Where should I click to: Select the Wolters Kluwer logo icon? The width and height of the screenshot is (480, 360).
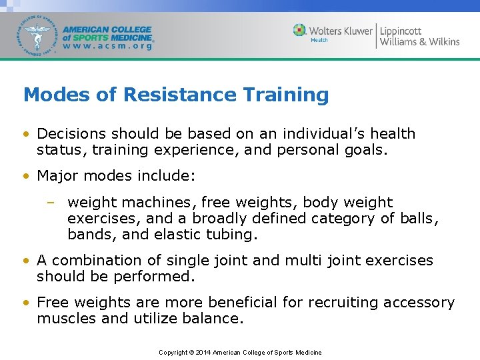(299, 31)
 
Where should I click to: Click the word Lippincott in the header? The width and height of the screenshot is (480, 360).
(401, 31)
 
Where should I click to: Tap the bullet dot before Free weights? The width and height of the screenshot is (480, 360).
(26, 303)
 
